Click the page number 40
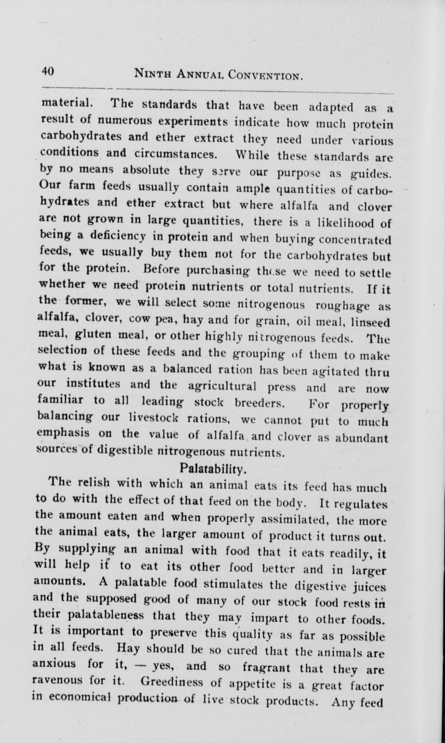48,72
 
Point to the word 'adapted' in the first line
331,107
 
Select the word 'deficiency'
118,236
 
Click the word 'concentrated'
355,240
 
